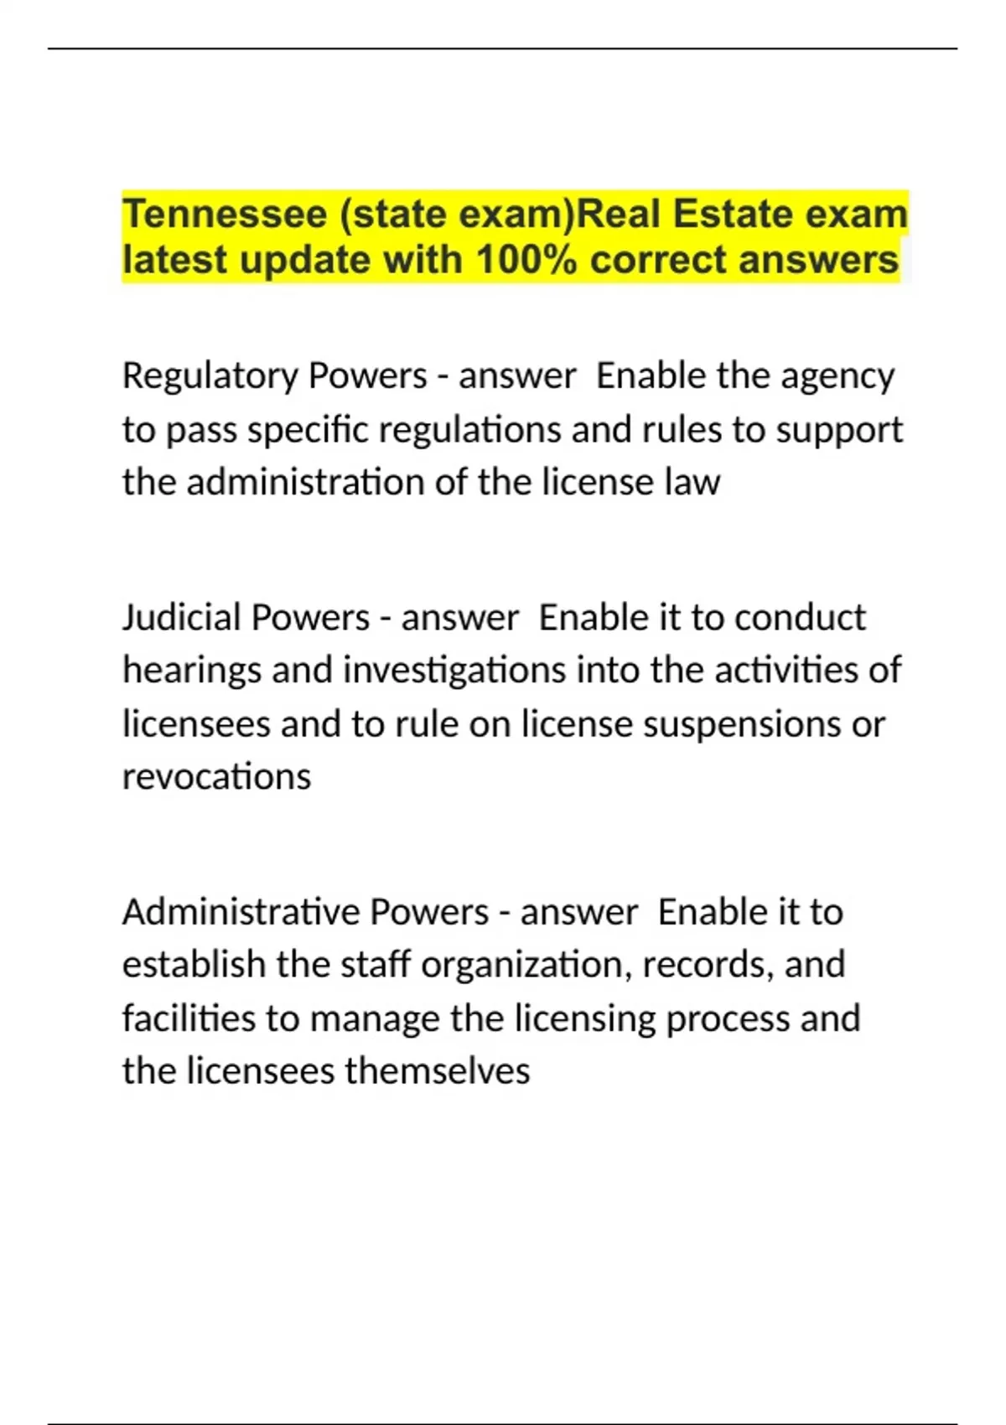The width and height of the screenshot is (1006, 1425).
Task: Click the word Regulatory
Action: tap(210, 376)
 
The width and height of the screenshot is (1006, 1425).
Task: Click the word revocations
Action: tap(216, 777)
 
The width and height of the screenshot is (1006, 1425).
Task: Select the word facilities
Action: tap(189, 1018)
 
